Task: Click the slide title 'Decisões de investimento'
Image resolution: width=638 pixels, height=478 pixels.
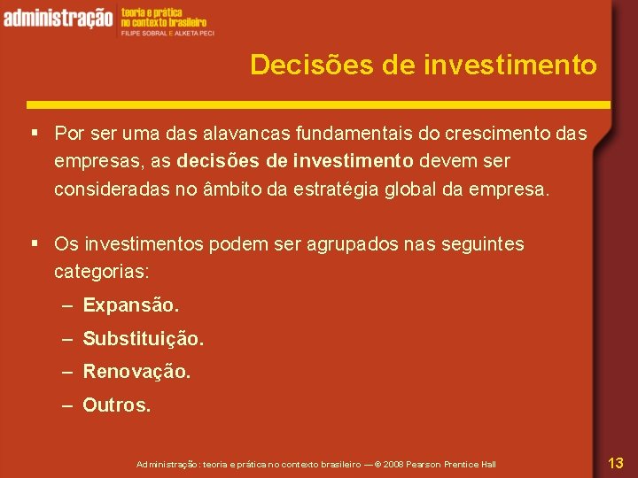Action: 424,65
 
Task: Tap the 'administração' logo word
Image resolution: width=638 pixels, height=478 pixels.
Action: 58,17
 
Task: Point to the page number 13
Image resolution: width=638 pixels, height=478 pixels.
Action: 616,462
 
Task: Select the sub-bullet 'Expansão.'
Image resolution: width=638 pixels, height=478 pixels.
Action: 130,305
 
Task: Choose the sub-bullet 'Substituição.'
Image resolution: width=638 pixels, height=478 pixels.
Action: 143,338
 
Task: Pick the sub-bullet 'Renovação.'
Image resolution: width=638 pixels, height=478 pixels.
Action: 136,372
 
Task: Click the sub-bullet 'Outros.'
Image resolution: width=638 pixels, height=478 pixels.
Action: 117,405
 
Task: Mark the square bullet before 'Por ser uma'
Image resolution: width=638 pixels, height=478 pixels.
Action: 33,134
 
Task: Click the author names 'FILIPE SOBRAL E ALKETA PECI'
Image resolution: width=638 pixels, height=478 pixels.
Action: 167,33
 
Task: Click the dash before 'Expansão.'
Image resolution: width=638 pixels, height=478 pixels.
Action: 68,306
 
